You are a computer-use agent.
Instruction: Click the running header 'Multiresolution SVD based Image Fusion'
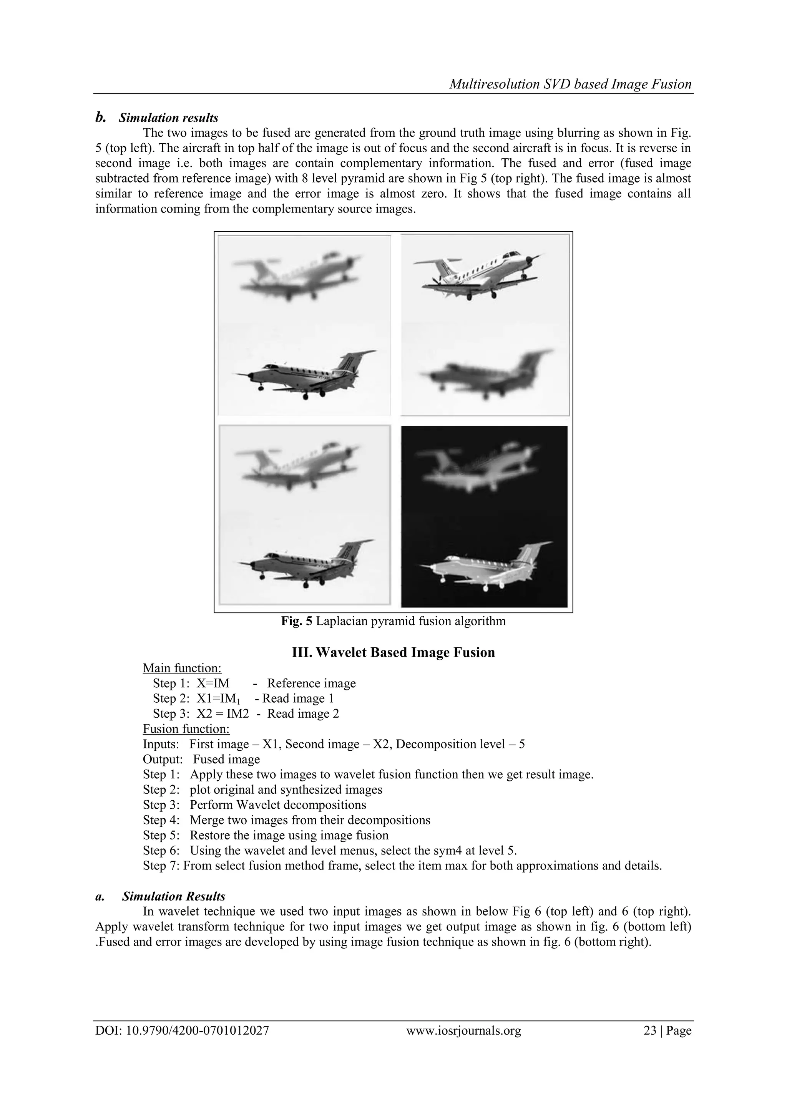point(570,85)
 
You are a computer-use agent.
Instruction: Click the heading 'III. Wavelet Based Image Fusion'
point(393,652)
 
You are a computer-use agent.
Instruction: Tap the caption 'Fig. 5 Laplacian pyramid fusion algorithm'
point(393,621)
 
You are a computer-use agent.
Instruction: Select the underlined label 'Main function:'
point(182,668)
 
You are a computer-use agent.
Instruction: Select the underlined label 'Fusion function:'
point(186,728)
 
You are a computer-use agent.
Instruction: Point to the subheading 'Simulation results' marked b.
point(168,118)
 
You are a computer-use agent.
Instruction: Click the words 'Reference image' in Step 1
point(311,683)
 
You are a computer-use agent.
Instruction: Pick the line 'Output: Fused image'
point(201,759)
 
